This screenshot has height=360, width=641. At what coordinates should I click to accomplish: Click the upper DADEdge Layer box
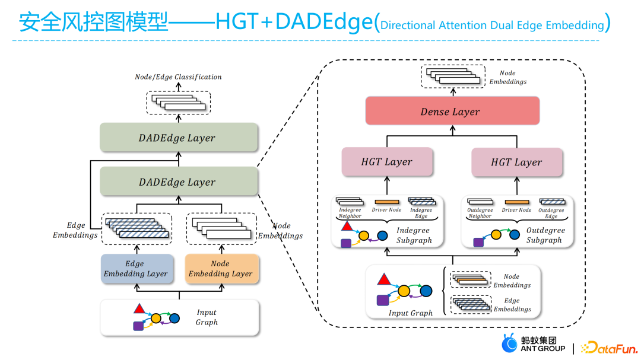tap(179, 138)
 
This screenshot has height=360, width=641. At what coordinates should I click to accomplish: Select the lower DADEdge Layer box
tap(179, 181)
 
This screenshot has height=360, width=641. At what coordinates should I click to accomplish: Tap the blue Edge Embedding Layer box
tap(137, 269)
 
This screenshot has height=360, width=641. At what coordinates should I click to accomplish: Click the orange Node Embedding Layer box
tap(222, 269)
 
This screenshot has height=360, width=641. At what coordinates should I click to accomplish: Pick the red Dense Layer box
tap(452, 111)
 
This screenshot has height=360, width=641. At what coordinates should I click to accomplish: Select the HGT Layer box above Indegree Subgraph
tap(387, 162)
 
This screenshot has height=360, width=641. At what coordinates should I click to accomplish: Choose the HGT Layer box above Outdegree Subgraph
tap(517, 163)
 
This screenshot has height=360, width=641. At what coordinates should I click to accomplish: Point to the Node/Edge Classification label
tap(178, 77)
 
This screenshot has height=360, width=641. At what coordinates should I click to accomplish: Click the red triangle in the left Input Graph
tap(139, 309)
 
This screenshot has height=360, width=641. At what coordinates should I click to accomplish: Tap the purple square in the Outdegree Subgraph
tap(478, 243)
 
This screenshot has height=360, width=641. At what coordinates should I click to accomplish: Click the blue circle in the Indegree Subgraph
tap(382, 235)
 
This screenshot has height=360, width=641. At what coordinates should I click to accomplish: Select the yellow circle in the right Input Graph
tap(404, 291)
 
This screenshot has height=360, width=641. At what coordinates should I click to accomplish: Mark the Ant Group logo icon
tap(509, 343)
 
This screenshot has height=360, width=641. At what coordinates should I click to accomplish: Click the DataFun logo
tap(609, 348)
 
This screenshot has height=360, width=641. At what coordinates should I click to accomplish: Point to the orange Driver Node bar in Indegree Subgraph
tap(387, 202)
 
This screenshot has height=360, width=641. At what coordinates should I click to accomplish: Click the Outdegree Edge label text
tap(551, 213)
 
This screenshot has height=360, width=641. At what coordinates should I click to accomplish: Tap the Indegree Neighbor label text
tap(350, 213)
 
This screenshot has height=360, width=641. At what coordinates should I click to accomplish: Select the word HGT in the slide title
tap(237, 22)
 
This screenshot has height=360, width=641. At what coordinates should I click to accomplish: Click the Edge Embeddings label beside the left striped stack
tap(75, 230)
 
